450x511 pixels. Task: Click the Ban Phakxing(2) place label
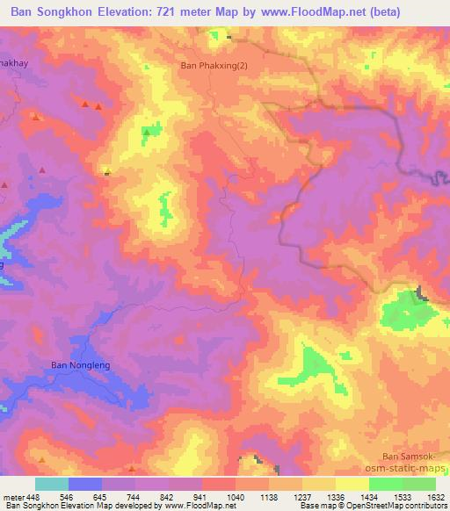coord(214,65)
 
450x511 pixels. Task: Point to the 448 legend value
coord(34,496)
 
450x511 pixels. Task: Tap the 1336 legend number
coord(336,496)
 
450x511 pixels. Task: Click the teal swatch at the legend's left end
coord(52,484)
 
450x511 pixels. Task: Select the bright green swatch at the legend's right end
coord(419,484)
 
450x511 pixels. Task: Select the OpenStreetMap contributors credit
coord(401,506)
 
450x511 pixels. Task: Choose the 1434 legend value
coord(369,496)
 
